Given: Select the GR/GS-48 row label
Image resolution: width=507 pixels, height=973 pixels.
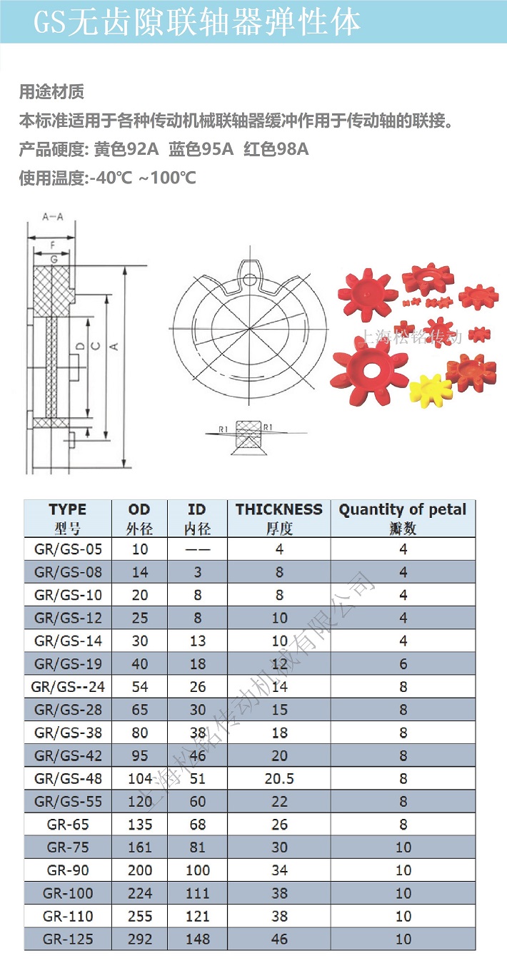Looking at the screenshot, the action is pos(68,778).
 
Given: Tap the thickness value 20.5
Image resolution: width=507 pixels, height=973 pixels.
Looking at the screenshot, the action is pos(279,778).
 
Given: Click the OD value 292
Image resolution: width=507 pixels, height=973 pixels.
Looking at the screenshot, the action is pos(139,939).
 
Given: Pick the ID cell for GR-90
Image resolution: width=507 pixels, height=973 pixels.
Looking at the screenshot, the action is pos(197,870).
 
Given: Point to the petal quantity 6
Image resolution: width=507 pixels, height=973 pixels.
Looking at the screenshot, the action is pos(403,663).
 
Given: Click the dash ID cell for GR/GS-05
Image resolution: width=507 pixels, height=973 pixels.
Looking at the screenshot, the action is pos(197,549).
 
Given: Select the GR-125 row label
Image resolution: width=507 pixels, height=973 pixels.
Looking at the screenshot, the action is pos(68,939).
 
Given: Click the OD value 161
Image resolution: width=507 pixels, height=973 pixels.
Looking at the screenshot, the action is pos(139,847).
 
